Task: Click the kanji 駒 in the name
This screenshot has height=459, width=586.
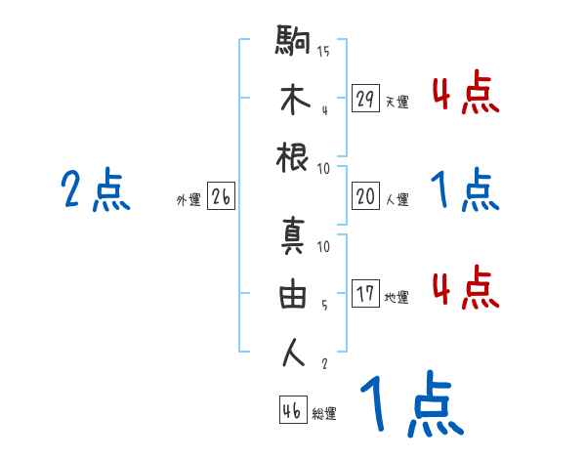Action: point(294,42)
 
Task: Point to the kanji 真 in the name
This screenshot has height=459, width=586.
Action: point(294,237)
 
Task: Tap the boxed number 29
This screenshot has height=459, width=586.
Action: point(365,99)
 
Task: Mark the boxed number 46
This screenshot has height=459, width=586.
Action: point(292,410)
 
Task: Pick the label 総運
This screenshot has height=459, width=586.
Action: point(324,413)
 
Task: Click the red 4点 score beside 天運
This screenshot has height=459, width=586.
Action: point(465,94)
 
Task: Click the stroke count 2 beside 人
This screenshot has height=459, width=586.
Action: point(323,363)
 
